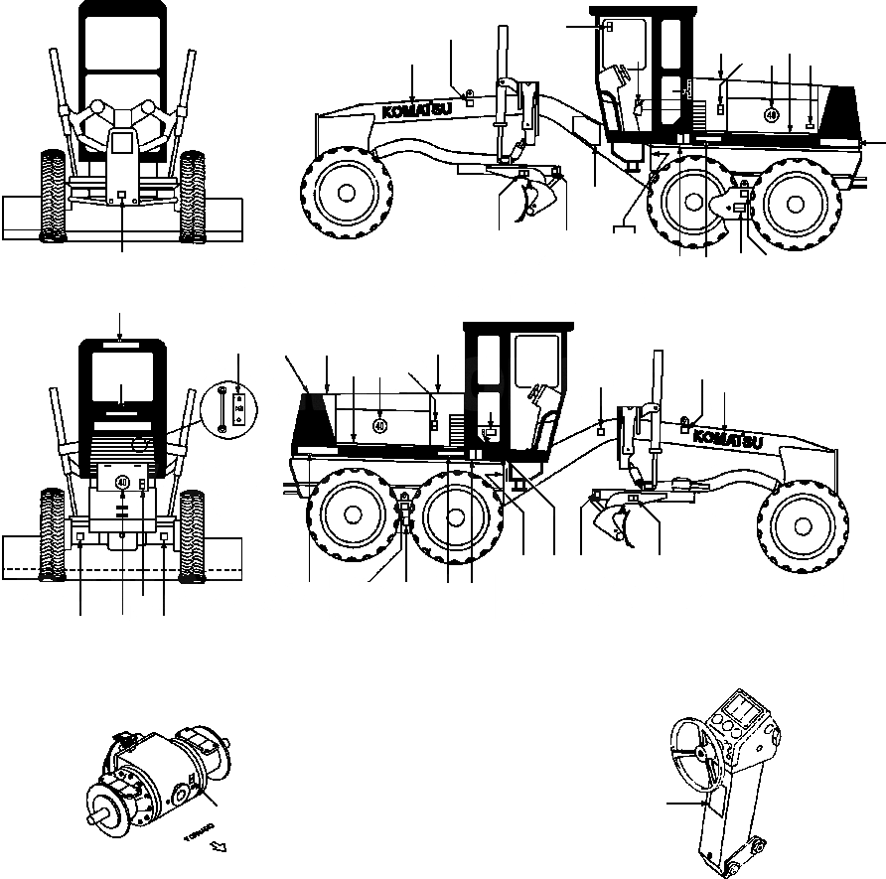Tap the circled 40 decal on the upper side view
pos(772,115)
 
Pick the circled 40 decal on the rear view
pos(122,482)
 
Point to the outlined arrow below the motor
pos(220,847)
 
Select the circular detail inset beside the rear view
pos(226,408)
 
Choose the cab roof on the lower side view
pos(517,327)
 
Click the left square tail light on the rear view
pos(79,537)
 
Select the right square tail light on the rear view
pos(162,537)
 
